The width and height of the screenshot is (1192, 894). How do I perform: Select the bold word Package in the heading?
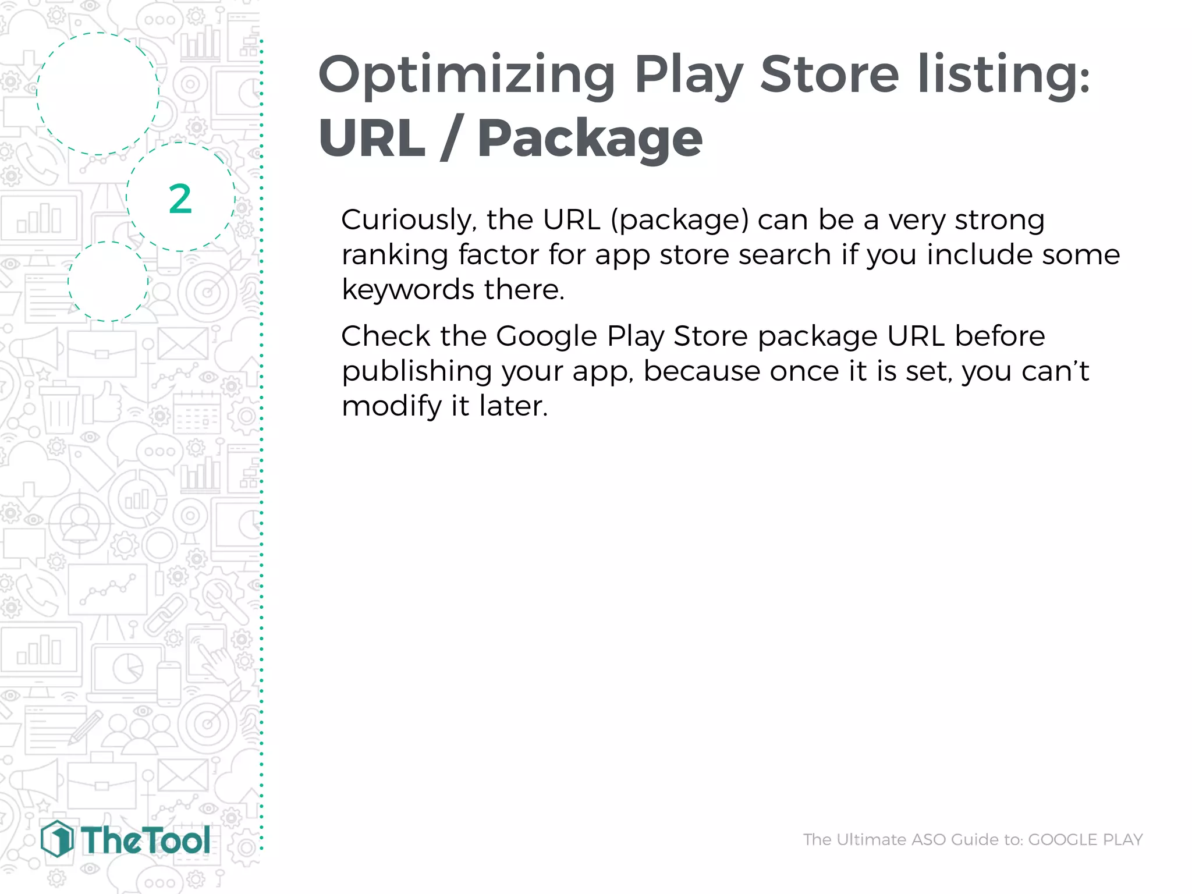click(590, 139)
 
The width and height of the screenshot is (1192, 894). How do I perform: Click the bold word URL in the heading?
click(372, 138)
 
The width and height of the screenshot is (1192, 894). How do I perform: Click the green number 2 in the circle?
click(180, 199)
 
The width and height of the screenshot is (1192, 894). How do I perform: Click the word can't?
click(1055, 371)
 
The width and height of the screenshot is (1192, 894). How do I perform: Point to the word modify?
click(391, 406)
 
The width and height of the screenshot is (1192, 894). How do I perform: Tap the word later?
click(513, 406)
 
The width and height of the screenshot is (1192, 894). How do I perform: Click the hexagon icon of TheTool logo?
click(57, 839)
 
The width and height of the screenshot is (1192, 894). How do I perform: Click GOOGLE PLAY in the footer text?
click(1085, 839)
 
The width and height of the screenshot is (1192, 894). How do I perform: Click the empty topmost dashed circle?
click(98, 93)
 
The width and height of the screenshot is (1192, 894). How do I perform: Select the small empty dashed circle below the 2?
click(108, 281)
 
